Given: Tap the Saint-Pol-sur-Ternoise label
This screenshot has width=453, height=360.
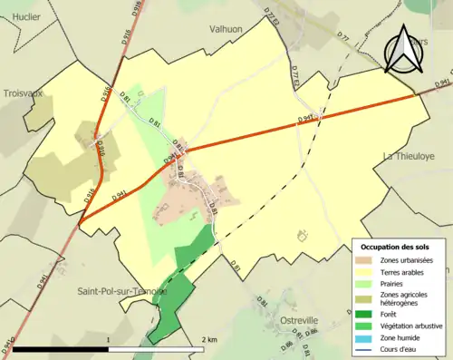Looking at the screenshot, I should [x=117, y=291].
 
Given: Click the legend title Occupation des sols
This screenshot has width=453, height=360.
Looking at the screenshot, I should [x=395, y=247].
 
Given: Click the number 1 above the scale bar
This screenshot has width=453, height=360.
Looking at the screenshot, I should [x=109, y=339].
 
